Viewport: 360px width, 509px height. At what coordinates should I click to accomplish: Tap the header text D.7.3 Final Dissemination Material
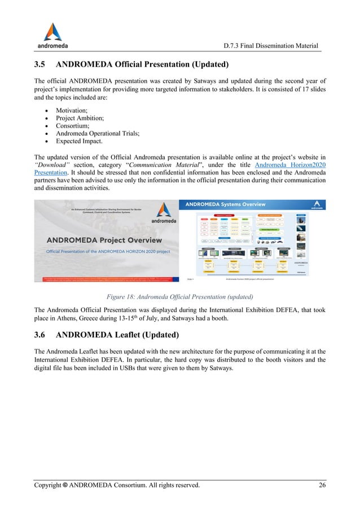tap(271, 45)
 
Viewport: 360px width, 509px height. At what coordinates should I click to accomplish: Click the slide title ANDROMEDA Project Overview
tap(104, 240)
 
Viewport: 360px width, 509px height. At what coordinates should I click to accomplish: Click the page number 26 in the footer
tap(321, 485)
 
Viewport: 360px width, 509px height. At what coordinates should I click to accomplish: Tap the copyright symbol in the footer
tap(67, 485)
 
